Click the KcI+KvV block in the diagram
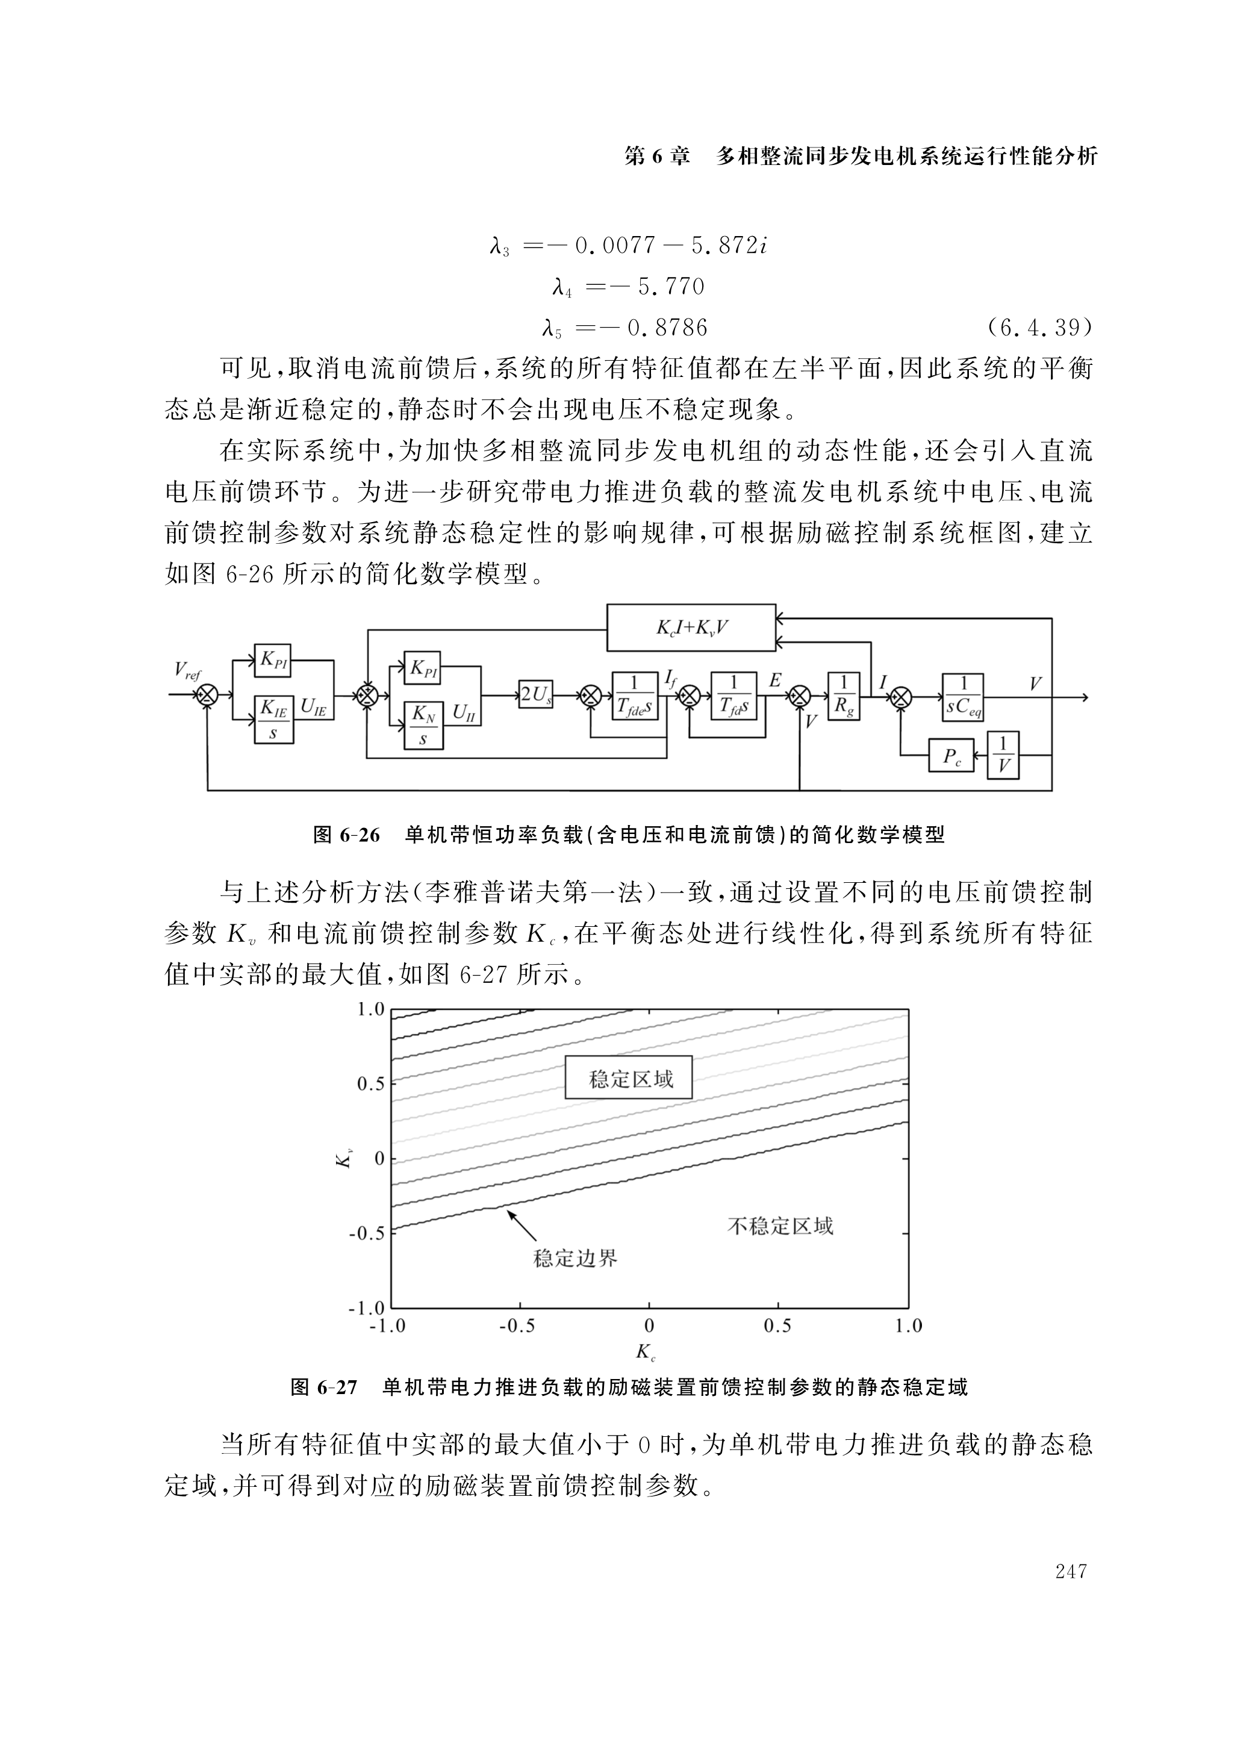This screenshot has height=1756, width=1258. click(x=691, y=627)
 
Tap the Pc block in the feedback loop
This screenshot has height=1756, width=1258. click(x=951, y=756)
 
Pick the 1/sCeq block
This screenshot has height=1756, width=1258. click(x=963, y=696)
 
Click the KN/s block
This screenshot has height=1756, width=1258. click(x=423, y=726)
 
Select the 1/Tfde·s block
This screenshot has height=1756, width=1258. click(x=635, y=696)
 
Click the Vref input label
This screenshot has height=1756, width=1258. click(x=187, y=670)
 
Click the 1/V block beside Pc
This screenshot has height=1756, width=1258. click(x=1003, y=755)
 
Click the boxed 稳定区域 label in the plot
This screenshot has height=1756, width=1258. click(x=629, y=1079)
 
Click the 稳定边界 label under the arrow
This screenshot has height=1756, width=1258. click(x=576, y=1258)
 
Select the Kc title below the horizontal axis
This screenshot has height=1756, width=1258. click(x=646, y=1352)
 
